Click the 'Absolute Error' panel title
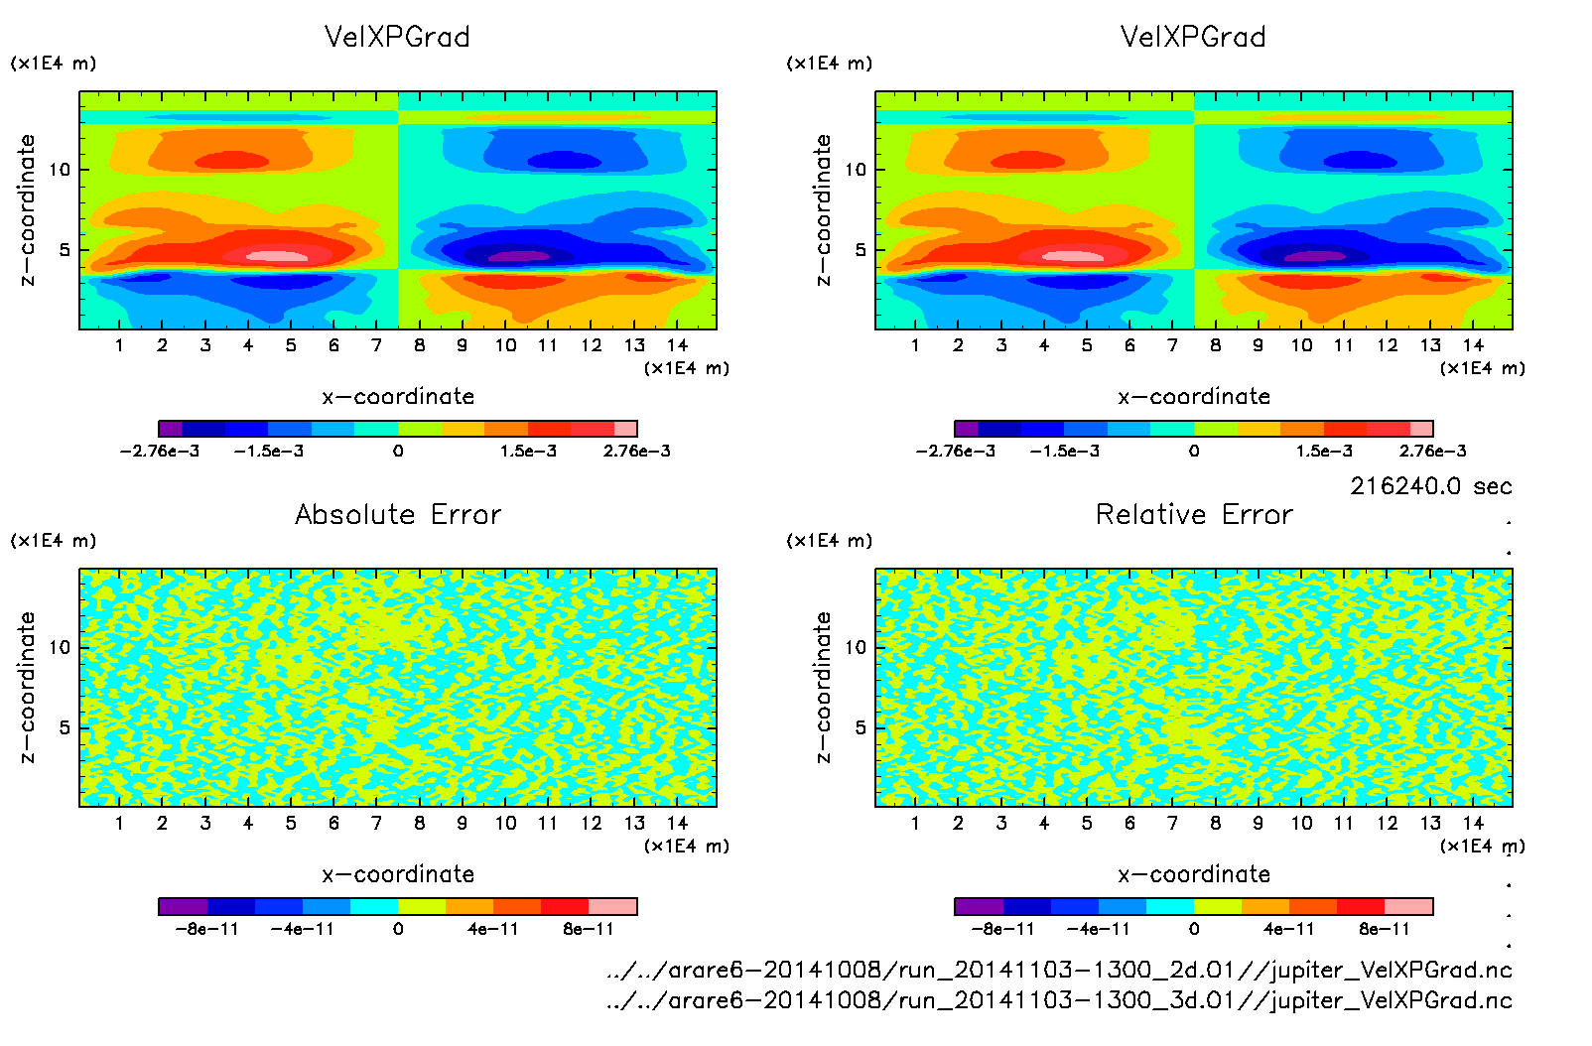[x=398, y=514]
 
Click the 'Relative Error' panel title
[x=1194, y=514]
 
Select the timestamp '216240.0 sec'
[x=1430, y=486]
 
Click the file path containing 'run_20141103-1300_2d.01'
[x=1059, y=970]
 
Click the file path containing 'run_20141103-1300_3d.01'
[x=1059, y=1000]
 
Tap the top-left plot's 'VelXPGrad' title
[x=397, y=37]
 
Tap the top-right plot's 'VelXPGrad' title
[x=1193, y=37]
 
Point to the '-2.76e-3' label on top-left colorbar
[x=160, y=451]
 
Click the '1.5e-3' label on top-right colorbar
[x=1324, y=451]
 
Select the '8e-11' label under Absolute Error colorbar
[x=589, y=929]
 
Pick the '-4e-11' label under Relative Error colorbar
[x=1099, y=929]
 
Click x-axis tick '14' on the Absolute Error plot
[x=677, y=823]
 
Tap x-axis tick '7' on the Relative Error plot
[x=1172, y=823]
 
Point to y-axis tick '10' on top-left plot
[x=61, y=170]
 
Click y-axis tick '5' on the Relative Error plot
[x=860, y=727]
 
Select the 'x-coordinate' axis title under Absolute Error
[x=398, y=874]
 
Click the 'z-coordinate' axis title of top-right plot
[x=823, y=210]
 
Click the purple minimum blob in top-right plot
[x=1315, y=256]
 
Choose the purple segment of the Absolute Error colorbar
[x=184, y=906]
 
